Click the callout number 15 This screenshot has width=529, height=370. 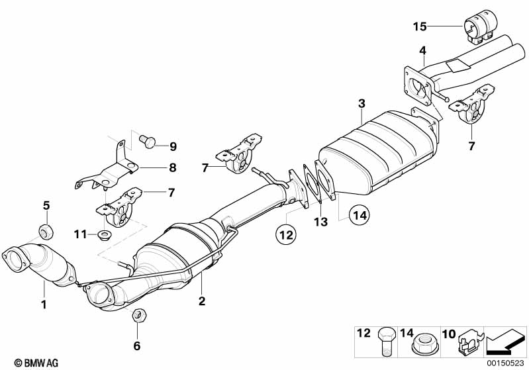(420, 26)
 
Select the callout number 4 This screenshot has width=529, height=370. (422, 50)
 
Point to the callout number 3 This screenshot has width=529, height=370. (361, 103)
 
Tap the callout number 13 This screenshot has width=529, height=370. (320, 222)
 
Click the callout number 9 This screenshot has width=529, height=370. (173, 146)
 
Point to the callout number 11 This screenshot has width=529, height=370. (80, 234)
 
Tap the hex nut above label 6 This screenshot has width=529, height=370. (138, 315)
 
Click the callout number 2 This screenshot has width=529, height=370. (202, 302)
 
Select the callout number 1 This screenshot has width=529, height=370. (44, 305)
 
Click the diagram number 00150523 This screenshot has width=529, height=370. (506, 363)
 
